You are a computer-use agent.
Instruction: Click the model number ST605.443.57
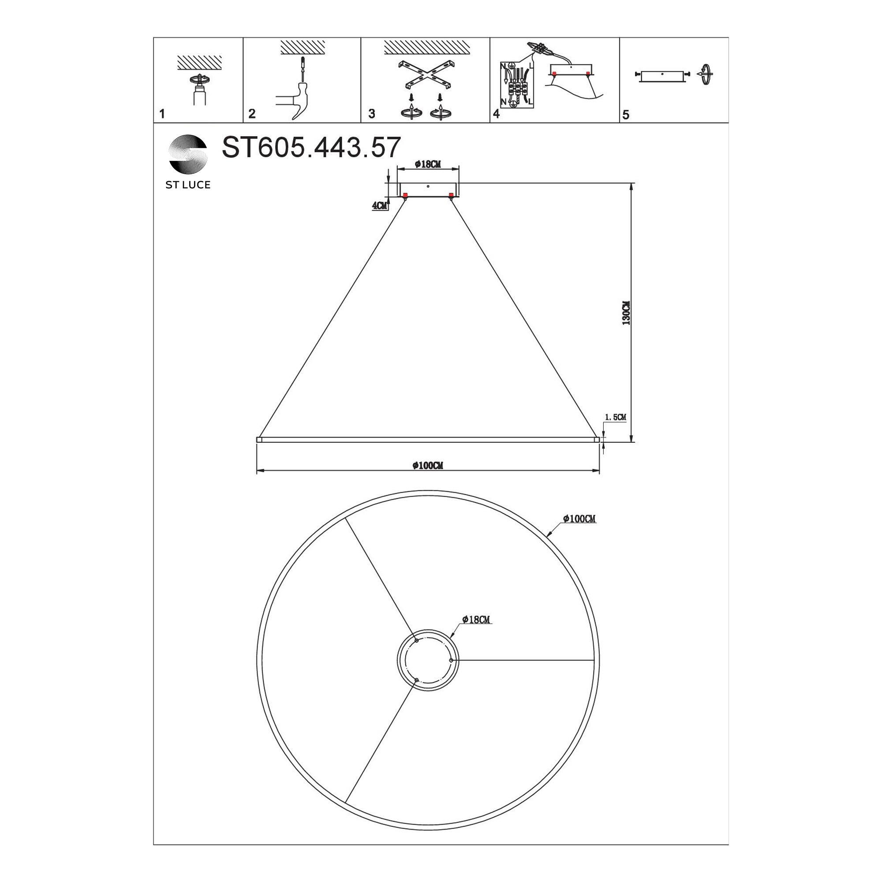point(311,147)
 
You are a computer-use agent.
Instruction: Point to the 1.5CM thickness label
point(615,417)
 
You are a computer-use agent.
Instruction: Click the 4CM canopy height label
point(379,206)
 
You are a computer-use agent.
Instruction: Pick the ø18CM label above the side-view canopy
point(428,164)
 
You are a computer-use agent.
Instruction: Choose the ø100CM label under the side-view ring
point(428,466)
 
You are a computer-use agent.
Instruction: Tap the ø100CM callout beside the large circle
point(580,519)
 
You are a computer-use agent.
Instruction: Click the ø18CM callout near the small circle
point(476,620)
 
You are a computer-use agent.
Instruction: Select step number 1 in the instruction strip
point(162,114)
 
